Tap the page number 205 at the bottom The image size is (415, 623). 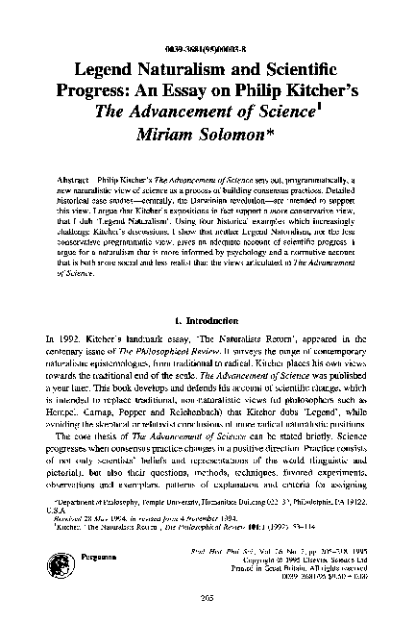click(x=208, y=598)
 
